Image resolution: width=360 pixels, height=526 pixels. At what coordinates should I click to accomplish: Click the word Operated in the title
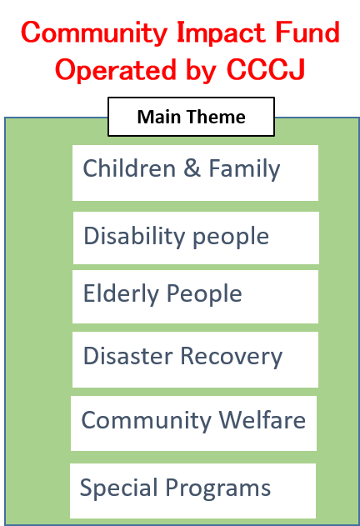[116, 70]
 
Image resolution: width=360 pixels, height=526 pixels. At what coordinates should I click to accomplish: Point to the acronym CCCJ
[266, 70]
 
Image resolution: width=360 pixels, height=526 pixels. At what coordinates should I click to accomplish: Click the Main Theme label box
[191, 117]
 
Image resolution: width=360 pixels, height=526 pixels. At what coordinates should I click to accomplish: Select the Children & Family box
[195, 173]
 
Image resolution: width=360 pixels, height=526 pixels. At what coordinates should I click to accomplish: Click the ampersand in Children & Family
[192, 168]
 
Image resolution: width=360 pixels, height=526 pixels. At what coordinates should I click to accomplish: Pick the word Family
[244, 169]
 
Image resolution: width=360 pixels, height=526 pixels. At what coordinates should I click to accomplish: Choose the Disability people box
[196, 238]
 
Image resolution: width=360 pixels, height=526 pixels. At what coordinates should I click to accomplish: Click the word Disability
[134, 237]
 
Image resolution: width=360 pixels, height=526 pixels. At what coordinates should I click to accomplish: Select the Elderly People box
[195, 297]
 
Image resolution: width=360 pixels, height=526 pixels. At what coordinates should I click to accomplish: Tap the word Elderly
[121, 294]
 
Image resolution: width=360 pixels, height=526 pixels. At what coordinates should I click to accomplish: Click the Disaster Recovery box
[195, 359]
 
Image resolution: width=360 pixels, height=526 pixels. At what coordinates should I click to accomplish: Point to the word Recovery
[232, 357]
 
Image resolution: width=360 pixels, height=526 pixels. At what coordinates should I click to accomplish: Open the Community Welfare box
[193, 423]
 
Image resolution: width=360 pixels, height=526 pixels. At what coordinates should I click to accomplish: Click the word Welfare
[262, 419]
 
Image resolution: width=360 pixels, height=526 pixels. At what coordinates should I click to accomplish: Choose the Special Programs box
[193, 491]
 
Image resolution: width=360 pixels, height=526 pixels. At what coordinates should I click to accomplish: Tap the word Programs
[218, 488]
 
